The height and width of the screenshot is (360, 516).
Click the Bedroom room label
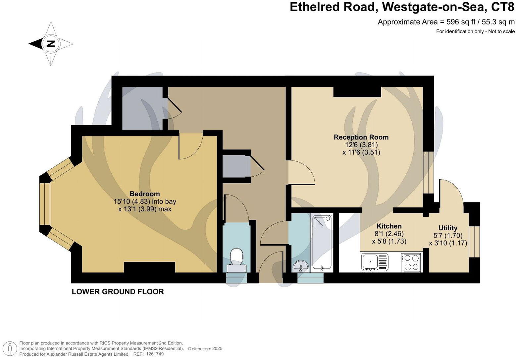click(144, 194)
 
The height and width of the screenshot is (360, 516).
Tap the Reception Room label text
click(361, 137)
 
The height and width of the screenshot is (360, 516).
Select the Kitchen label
click(389, 226)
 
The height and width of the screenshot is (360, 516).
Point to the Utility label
click(448, 228)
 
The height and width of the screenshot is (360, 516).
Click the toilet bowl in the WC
click(236, 256)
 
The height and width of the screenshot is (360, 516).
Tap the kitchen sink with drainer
click(375, 262)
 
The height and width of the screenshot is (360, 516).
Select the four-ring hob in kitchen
click(411, 262)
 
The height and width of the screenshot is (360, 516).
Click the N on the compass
click(51, 44)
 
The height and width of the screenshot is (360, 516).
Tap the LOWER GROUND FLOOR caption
click(118, 292)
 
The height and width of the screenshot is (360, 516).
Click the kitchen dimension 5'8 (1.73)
click(389, 241)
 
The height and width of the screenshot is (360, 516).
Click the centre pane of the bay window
click(44, 204)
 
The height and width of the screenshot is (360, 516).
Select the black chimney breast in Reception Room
click(357, 92)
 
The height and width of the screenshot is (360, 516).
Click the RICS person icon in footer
click(10, 349)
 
